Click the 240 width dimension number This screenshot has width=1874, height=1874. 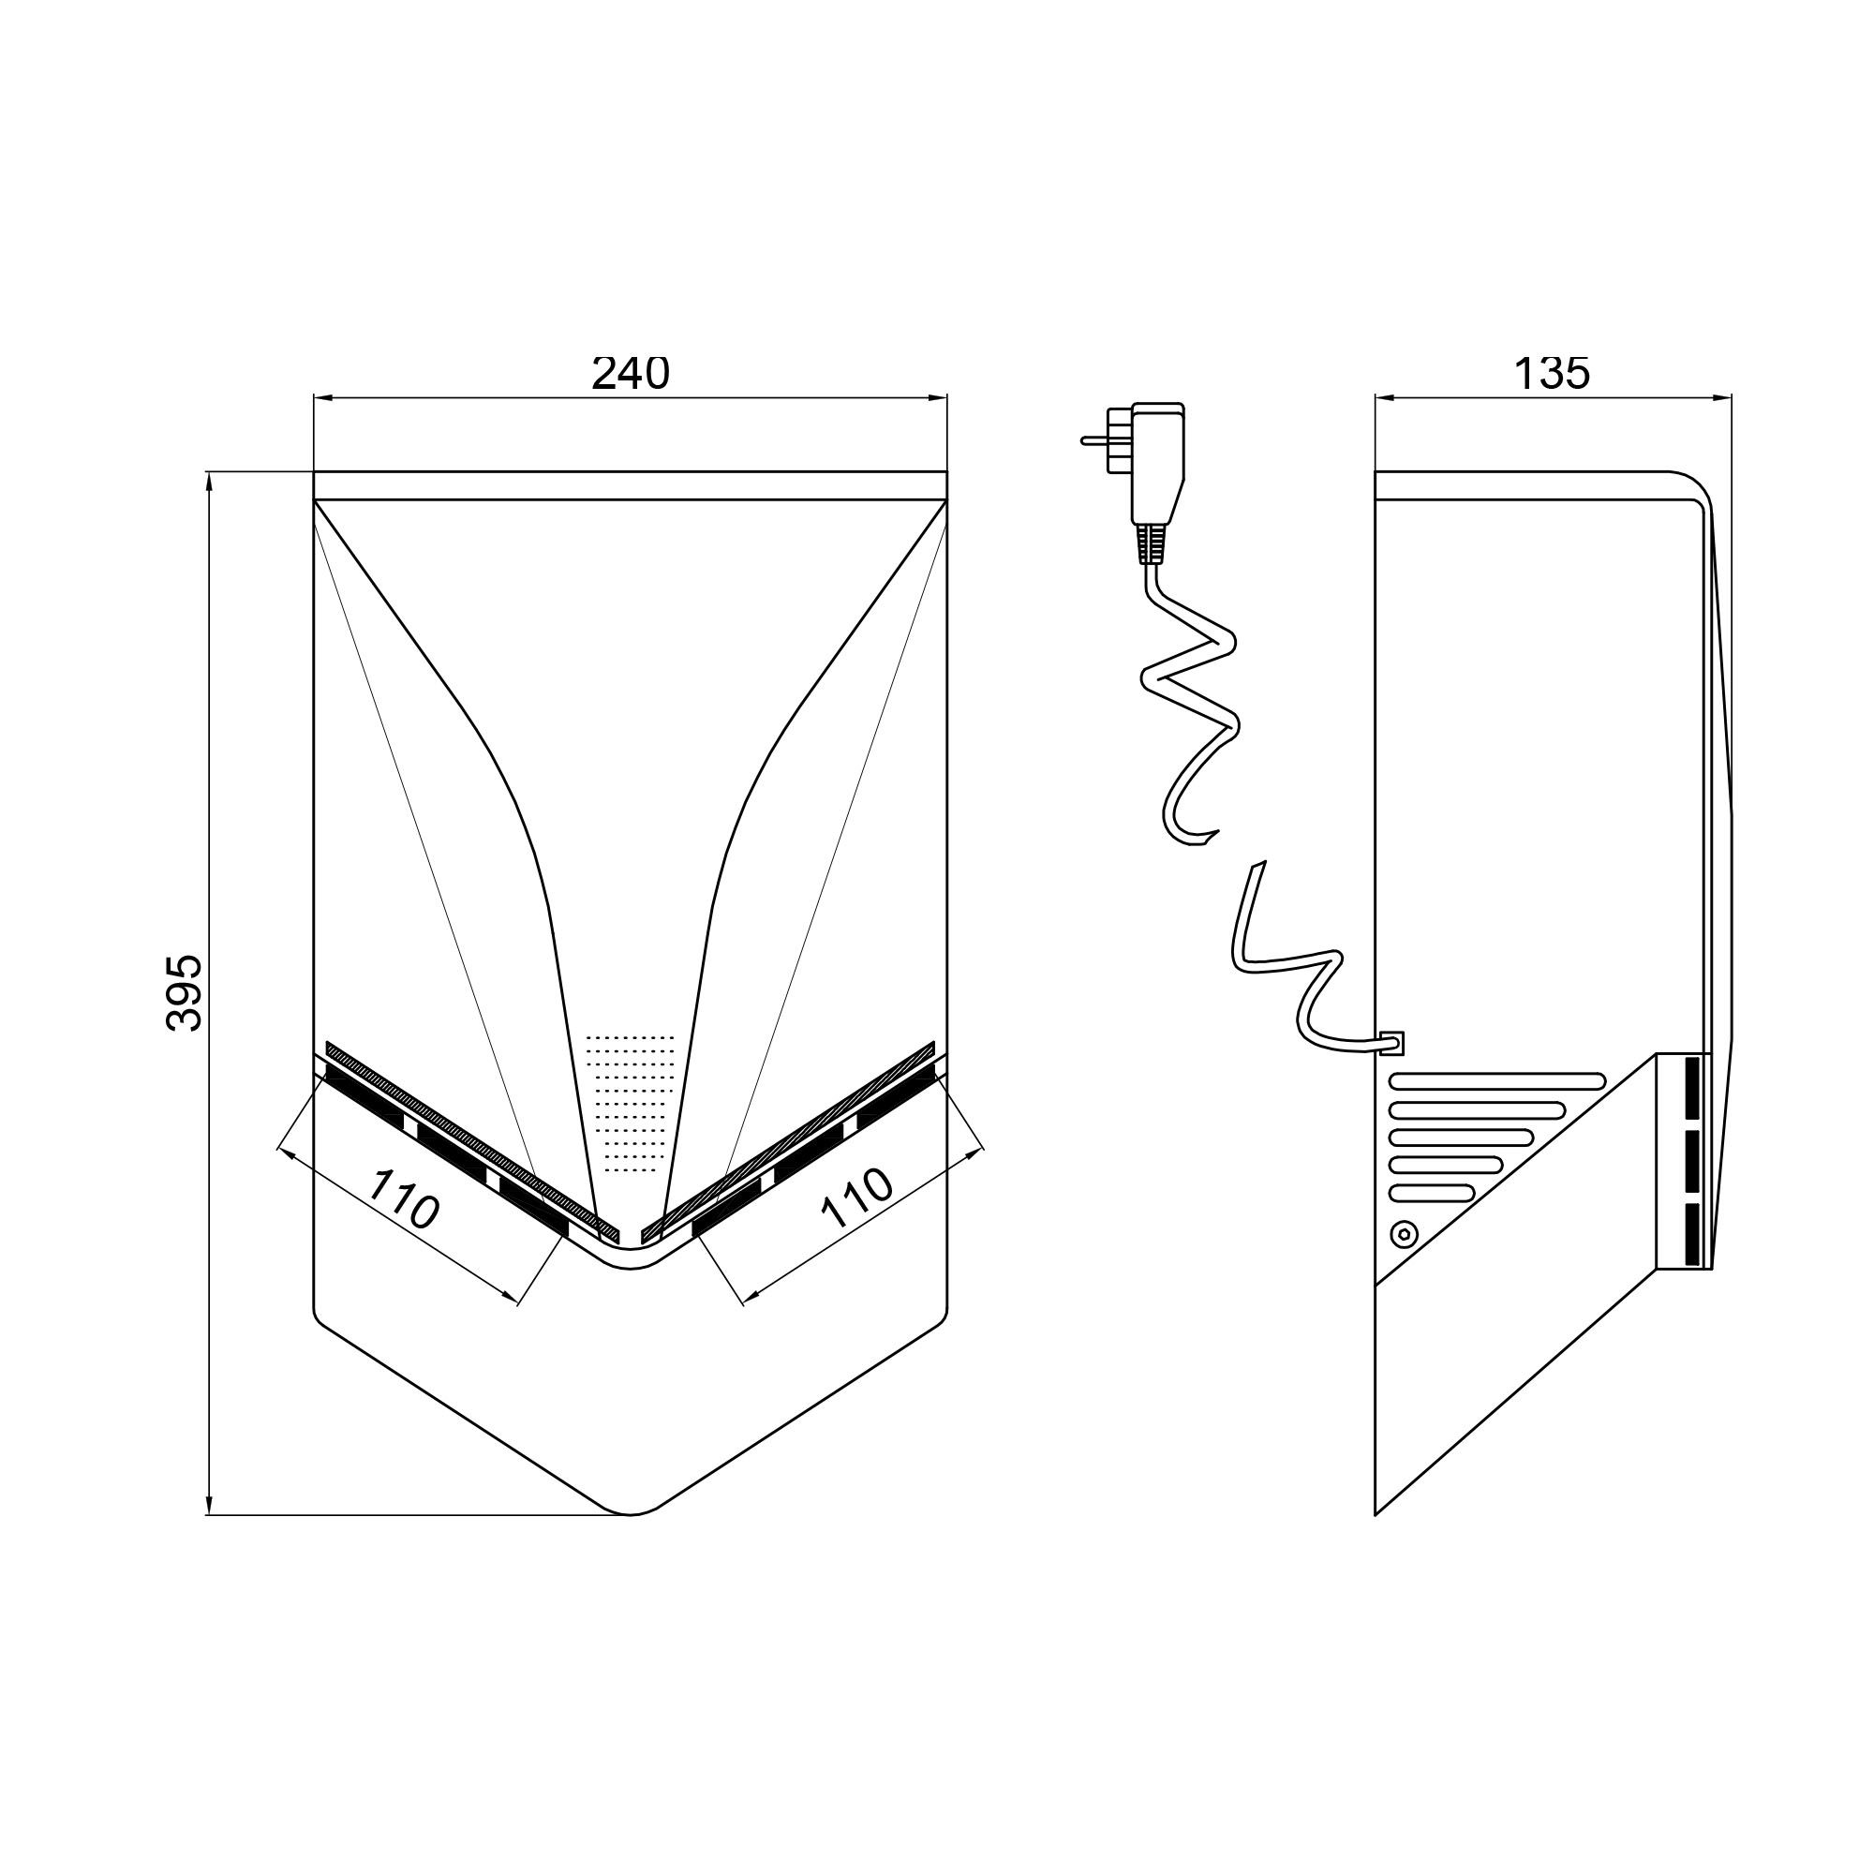coord(631,374)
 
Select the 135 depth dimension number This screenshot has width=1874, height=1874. coord(1552,374)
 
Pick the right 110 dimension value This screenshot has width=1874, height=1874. coord(855,1197)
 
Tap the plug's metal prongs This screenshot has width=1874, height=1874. coord(1107,439)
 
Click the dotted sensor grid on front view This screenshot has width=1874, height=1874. coord(631,1101)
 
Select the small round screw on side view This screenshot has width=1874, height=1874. coord(1404,1235)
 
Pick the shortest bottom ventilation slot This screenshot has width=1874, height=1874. coord(1432,1192)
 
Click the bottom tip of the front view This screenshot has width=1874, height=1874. coord(631,1514)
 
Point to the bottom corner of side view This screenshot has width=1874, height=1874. coord(1376,1514)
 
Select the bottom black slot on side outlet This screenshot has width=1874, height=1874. coord(1692,1234)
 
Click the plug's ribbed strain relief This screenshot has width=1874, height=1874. coord(1152,545)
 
